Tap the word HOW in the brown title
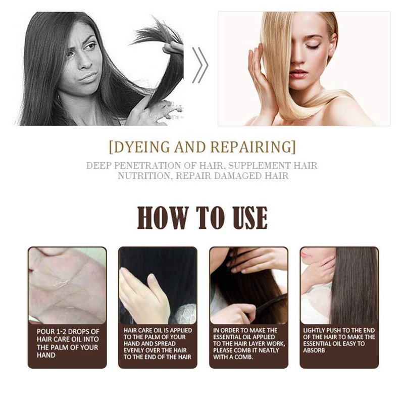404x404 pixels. [163, 218]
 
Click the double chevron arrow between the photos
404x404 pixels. [200, 65]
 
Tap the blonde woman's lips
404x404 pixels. [298, 73]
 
